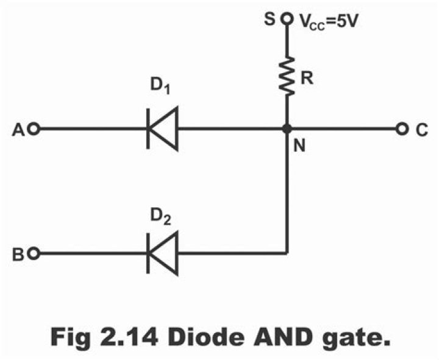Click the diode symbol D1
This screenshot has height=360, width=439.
pyautogui.click(x=162, y=129)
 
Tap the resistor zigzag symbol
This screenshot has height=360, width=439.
pyautogui.click(x=287, y=76)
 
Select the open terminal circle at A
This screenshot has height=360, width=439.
pyautogui.click(x=35, y=129)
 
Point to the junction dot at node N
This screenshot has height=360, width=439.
pyautogui.click(x=287, y=129)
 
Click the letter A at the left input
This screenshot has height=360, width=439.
pyautogui.click(x=20, y=129)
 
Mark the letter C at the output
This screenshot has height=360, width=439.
pyautogui.click(x=421, y=129)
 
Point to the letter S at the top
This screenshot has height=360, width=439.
pyautogui.click(x=270, y=20)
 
